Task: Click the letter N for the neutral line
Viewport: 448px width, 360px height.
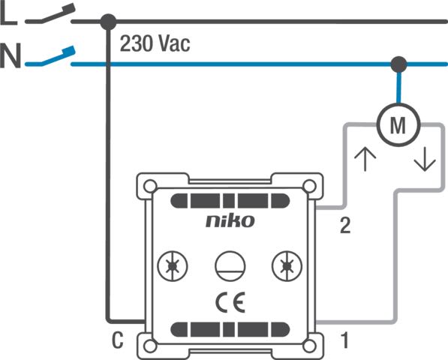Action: [11, 55]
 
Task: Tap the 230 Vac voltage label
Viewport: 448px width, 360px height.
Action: [155, 43]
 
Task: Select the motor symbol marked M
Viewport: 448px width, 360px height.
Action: [398, 125]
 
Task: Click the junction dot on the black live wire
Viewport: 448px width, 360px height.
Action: [109, 22]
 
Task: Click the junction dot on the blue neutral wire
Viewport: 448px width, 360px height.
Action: [398, 64]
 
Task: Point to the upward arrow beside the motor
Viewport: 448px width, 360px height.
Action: [365, 159]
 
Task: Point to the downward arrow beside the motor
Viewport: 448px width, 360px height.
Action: [425, 159]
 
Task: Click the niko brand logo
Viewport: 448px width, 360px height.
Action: [230, 220]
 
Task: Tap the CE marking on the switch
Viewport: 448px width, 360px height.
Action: [230, 302]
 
